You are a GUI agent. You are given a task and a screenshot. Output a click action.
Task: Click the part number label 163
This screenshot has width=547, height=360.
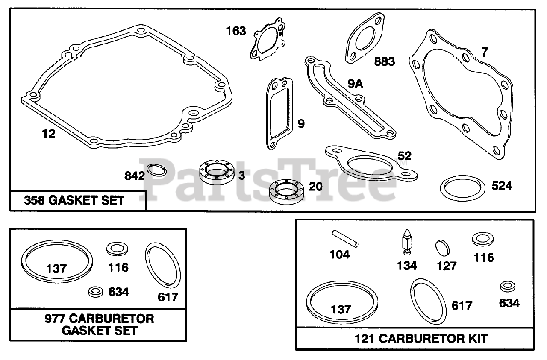click(x=236, y=31)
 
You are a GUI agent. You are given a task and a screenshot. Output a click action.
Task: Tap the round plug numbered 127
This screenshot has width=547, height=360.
click(x=443, y=248)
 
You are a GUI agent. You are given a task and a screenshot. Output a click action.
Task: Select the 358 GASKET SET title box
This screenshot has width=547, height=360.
click(x=78, y=200)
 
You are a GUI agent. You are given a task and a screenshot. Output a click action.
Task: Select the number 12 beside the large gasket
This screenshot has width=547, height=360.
click(x=49, y=134)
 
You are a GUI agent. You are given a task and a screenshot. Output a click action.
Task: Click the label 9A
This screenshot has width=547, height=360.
click(x=355, y=84)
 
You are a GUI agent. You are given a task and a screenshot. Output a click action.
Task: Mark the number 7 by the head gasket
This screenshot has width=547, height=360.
click(x=484, y=53)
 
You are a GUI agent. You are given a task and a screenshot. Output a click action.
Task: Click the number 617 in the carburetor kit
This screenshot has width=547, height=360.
click(x=462, y=306)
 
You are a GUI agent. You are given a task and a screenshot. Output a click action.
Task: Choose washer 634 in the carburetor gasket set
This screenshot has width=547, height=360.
click(x=96, y=292)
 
